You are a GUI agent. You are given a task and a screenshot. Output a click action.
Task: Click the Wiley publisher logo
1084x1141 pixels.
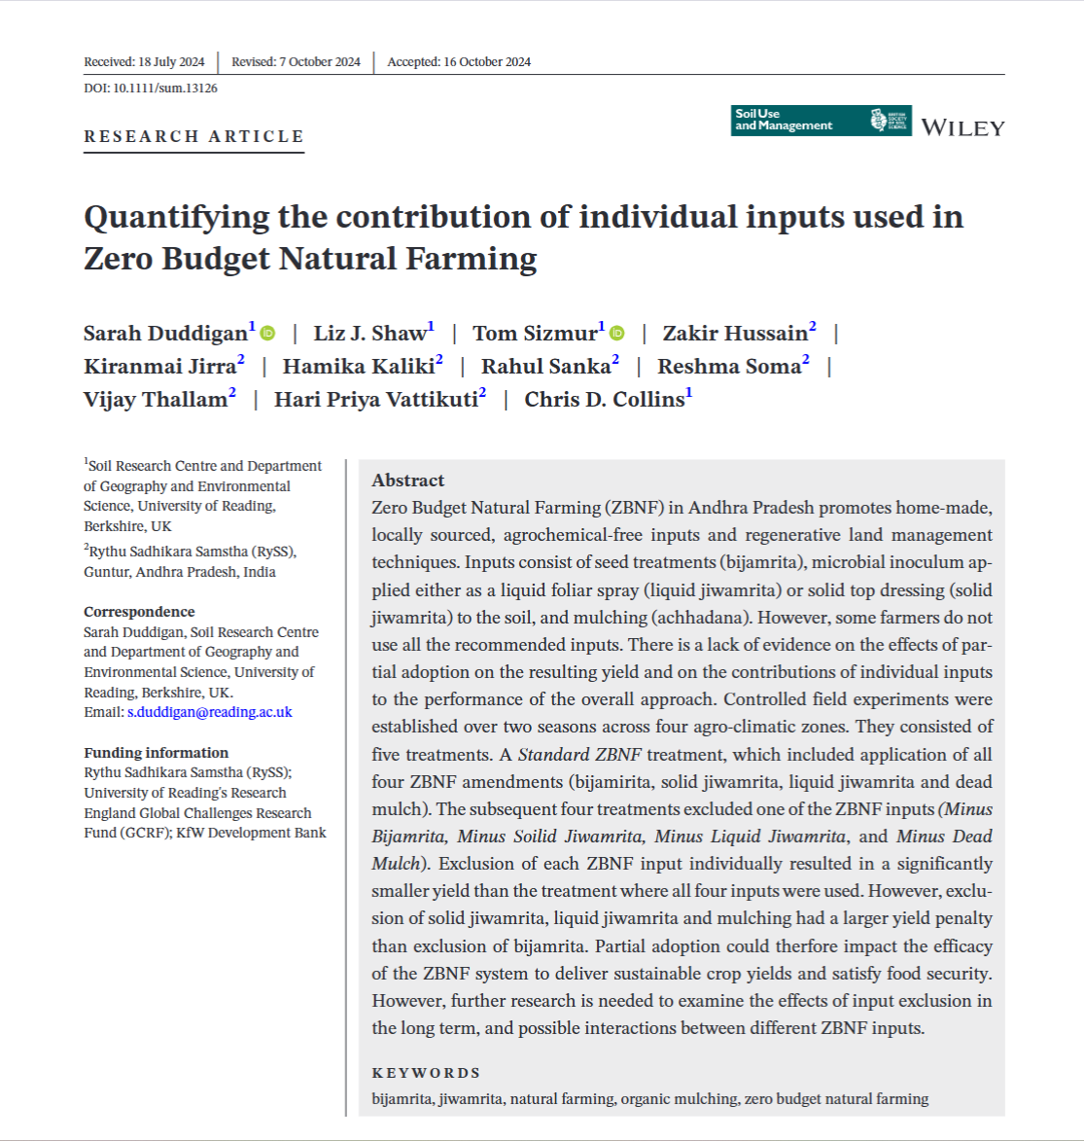click(962, 127)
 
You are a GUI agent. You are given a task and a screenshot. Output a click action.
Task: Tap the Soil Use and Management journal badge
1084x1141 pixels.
click(821, 120)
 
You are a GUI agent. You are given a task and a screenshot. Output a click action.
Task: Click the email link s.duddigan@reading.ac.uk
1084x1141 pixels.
click(209, 712)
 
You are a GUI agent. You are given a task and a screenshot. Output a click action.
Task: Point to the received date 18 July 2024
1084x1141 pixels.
click(171, 62)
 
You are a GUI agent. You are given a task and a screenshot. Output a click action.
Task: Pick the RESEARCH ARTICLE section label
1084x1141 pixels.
click(194, 136)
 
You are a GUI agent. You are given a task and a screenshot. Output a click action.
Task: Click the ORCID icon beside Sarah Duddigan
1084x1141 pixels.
click(268, 334)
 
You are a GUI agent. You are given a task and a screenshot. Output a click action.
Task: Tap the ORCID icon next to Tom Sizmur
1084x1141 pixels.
click(617, 334)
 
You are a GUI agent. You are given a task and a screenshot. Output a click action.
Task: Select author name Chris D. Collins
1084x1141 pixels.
click(604, 400)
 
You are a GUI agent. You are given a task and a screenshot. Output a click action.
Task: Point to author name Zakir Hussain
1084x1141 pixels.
click(735, 334)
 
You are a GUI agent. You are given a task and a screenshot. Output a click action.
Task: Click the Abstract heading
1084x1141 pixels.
click(407, 481)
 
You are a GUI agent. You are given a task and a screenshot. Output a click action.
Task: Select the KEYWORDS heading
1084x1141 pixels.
click(426, 1073)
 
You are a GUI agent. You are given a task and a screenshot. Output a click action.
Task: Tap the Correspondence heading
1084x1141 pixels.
click(139, 612)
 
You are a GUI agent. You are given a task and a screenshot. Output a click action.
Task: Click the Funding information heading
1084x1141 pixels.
click(156, 753)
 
